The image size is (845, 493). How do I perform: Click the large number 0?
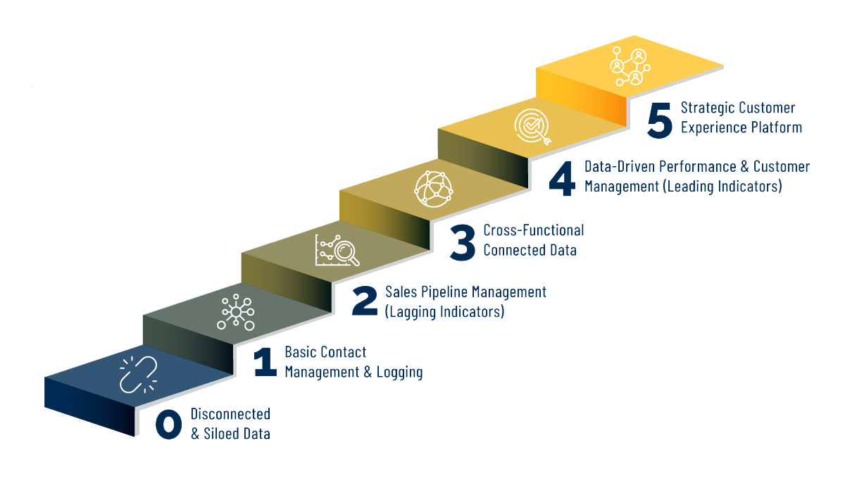169,424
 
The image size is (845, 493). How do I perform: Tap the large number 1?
265,362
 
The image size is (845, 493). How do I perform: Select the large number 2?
365,301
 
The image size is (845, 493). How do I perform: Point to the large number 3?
463,240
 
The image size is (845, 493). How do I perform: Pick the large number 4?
562,177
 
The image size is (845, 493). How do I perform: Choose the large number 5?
660,118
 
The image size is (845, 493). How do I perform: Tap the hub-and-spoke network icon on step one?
235,312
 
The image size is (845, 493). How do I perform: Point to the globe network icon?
432,188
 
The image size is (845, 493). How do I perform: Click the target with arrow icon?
532,127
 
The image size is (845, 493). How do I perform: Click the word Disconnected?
230,414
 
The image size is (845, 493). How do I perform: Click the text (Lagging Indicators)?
444,311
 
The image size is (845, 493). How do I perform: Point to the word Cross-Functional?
533,230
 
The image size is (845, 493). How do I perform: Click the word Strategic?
708,108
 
